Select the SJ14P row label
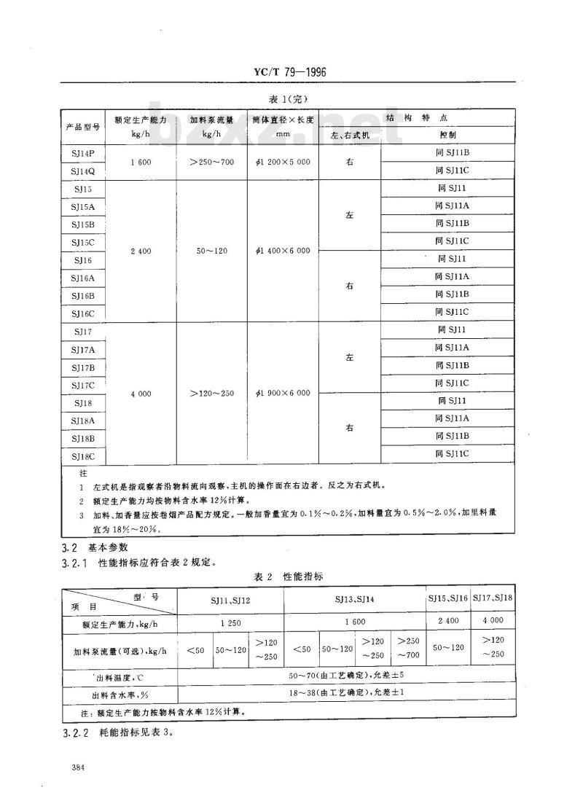point(82,153)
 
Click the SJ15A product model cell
point(82,206)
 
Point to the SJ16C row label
point(82,313)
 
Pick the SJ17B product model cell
point(82,367)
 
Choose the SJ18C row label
point(82,456)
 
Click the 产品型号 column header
point(82,126)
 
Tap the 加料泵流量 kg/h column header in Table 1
point(212,126)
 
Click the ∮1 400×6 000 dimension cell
point(283,251)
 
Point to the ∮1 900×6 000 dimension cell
point(283,394)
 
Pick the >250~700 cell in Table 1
point(212,162)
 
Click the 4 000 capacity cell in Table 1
point(141,394)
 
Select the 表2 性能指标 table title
point(289,577)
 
